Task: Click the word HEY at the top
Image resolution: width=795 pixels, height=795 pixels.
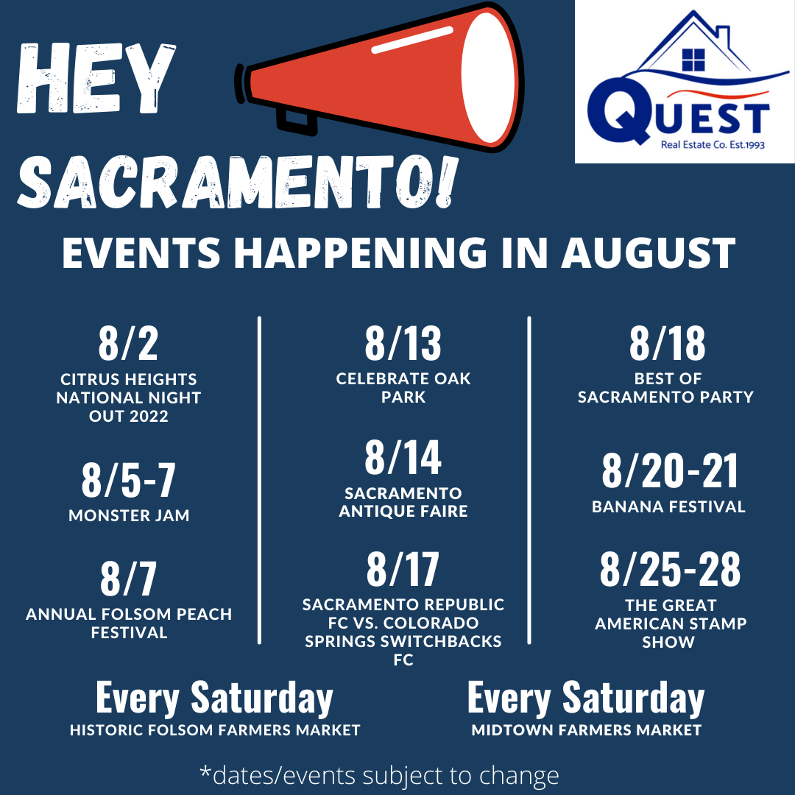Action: [x=96, y=79]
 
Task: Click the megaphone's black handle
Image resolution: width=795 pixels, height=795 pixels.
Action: [x=296, y=121]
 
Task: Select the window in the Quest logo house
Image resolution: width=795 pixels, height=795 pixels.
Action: [x=693, y=60]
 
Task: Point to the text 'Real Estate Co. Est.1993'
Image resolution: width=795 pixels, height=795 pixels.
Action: [x=713, y=145]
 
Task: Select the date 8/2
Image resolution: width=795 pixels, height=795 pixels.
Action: [x=128, y=343]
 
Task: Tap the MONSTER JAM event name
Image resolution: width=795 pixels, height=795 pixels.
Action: [x=129, y=515]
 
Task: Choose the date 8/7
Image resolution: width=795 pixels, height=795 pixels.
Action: [x=128, y=579]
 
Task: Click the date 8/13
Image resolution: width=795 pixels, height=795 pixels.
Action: [x=403, y=343]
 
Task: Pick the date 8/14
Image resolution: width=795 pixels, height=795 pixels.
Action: [x=403, y=457]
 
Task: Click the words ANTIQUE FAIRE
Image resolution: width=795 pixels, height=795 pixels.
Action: [x=403, y=511]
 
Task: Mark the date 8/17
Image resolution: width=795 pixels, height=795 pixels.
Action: [x=403, y=569]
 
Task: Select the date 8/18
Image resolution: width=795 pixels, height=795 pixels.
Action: [x=667, y=343]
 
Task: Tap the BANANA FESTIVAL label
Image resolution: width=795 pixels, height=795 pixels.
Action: [x=668, y=506]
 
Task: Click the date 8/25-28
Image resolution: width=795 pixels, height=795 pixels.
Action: [x=670, y=569]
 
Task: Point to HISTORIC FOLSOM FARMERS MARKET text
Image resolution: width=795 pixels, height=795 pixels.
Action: [x=215, y=730]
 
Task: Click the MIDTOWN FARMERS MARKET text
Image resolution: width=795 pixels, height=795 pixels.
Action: [x=587, y=730]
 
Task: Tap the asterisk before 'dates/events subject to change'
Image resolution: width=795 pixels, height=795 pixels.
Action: [x=205, y=771]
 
